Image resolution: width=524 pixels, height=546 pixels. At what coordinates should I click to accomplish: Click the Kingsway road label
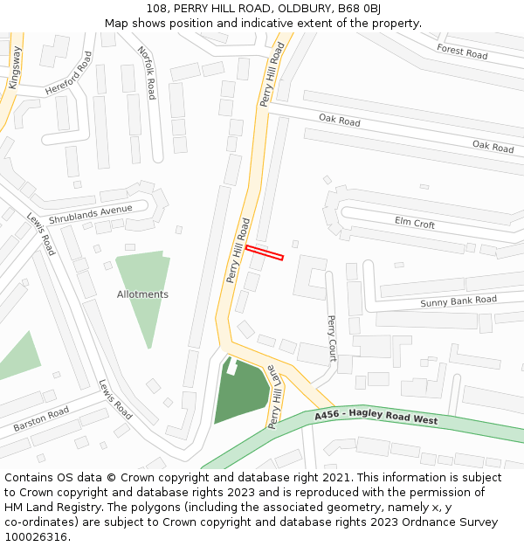pyautogui.click(x=15, y=66)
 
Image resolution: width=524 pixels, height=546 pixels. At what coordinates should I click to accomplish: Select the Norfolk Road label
pyautogui.click(x=147, y=73)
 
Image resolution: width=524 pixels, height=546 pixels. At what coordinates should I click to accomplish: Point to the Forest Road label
pyautogui.click(x=462, y=52)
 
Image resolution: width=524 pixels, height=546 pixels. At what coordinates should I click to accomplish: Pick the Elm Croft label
pyautogui.click(x=414, y=223)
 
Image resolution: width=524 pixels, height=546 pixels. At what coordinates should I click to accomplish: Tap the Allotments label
pyautogui.click(x=142, y=294)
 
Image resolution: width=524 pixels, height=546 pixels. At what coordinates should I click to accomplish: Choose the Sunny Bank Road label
pyautogui.click(x=458, y=302)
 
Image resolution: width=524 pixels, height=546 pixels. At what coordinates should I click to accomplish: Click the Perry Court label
pyautogui.click(x=331, y=338)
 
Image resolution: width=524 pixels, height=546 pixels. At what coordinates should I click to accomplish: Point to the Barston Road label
pyautogui.click(x=41, y=419)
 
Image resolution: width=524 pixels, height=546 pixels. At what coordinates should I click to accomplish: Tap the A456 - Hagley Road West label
pyautogui.click(x=376, y=418)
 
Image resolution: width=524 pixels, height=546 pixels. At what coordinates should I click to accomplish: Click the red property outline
pyautogui.click(x=265, y=252)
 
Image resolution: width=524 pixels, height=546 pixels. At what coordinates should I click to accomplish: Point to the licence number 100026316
pyautogui.click(x=35, y=536)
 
